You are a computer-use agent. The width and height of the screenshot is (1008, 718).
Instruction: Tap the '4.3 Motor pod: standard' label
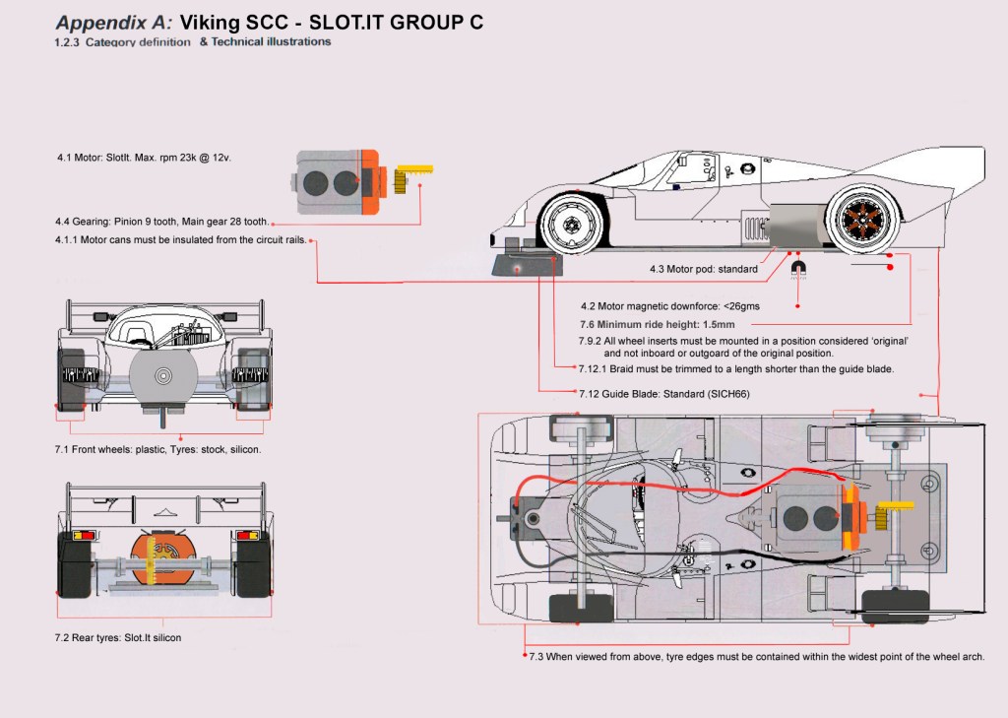703,269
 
